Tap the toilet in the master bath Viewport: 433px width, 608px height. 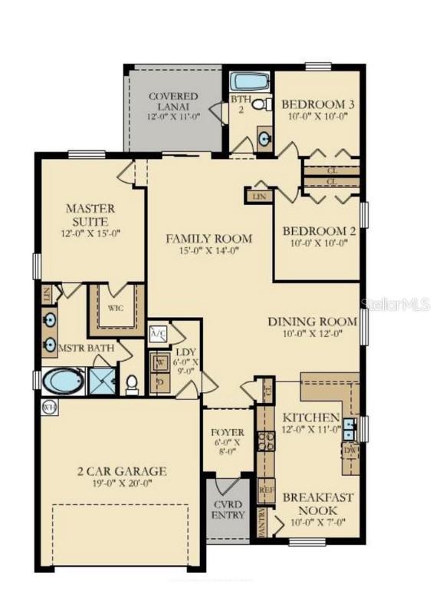131,382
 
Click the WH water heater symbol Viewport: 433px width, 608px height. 49,407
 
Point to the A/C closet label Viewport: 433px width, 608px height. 159,333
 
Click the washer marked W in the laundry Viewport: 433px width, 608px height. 160,362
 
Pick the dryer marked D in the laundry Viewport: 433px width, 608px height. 160,382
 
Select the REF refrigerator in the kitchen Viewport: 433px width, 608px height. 265,489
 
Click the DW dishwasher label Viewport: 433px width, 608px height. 350,450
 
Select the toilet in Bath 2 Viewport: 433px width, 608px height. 259,104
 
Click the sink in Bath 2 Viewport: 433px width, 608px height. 264,139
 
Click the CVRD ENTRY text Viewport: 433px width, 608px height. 228,509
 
